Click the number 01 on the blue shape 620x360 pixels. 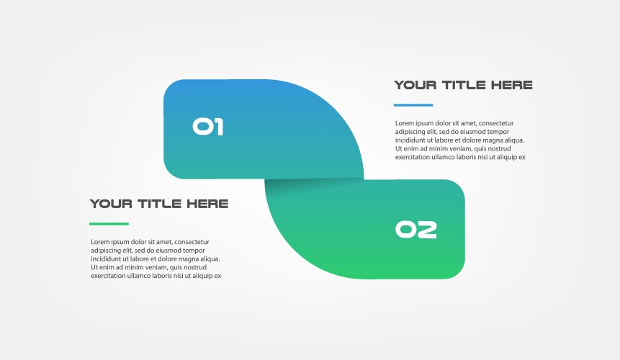207,127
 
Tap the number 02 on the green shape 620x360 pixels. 416,230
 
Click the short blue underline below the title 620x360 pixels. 413,105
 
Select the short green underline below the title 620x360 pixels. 109,224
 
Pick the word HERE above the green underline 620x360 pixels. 207,204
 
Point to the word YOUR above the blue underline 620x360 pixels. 415,85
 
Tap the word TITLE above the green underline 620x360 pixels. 159,204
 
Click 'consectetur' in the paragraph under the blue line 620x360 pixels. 496,123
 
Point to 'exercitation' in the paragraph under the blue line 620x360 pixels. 414,158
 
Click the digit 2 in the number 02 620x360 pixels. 427,230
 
